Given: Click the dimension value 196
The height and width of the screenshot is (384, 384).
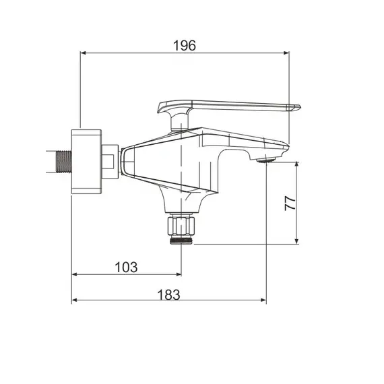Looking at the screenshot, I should (184, 46).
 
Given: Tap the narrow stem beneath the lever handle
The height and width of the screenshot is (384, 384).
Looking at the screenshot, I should (180, 122).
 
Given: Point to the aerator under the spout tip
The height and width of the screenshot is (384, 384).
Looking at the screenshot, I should (266, 160).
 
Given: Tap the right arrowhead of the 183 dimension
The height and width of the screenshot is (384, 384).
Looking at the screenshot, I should (263, 301).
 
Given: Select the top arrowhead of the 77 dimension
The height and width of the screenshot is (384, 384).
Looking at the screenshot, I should (298, 164).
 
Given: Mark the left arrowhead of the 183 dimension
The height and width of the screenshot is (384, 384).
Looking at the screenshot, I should (75, 301).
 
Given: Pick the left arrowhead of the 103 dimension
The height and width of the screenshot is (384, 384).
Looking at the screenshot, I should (75, 274).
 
